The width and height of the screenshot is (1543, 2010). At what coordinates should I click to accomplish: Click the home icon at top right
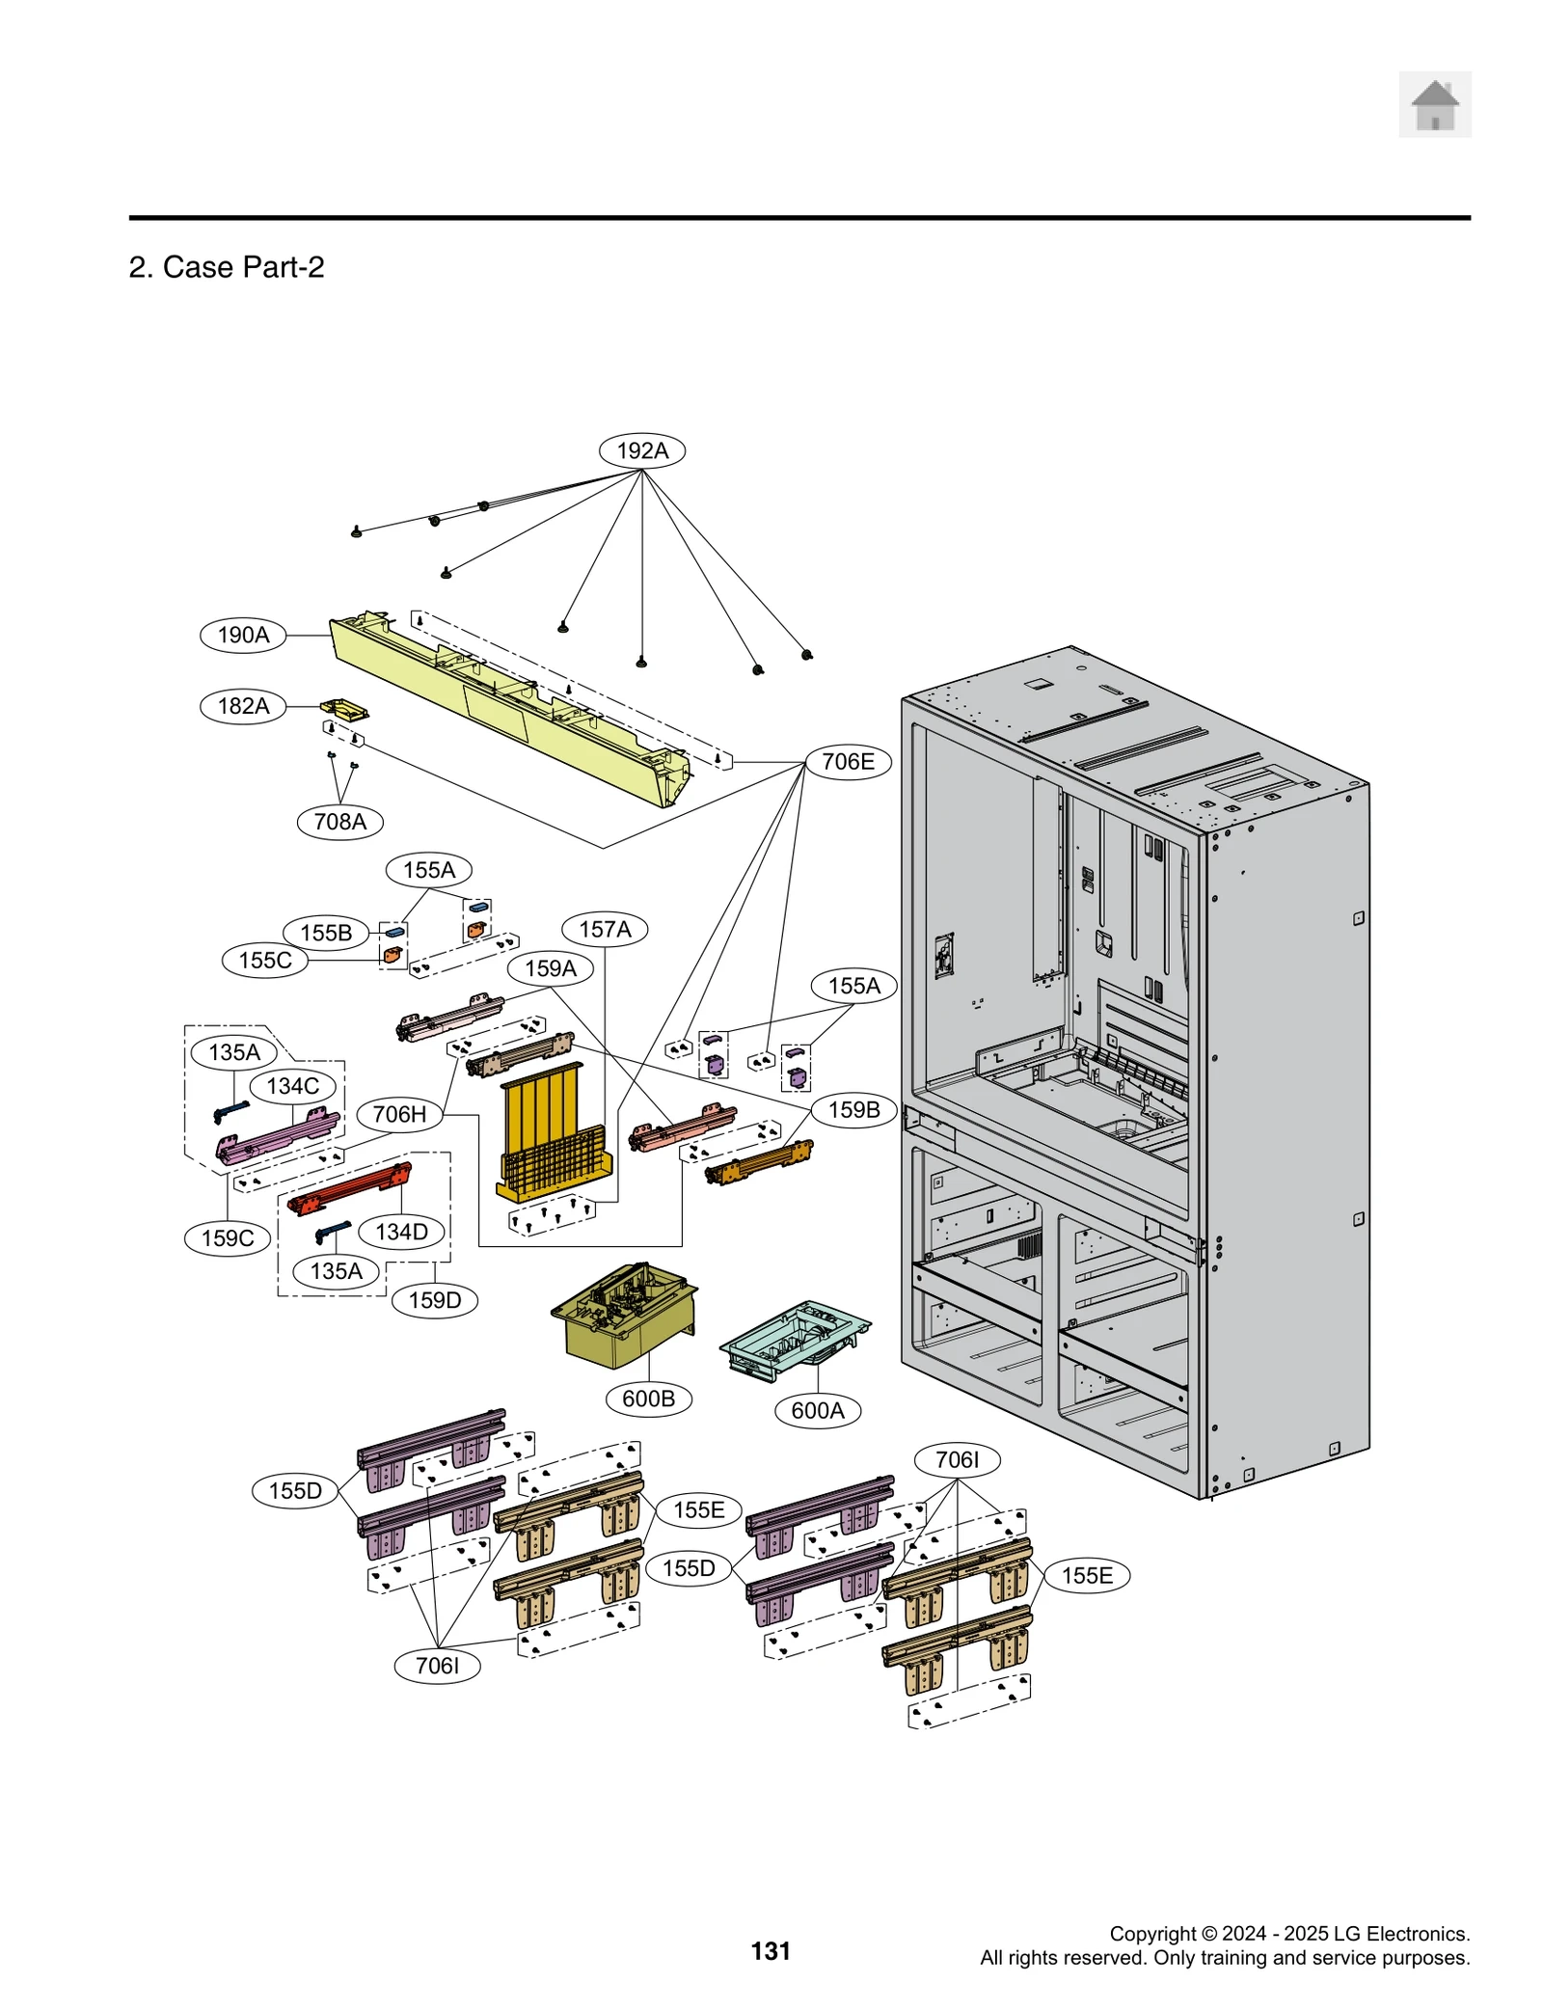tap(1434, 104)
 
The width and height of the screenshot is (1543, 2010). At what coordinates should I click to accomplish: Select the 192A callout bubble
tap(641, 450)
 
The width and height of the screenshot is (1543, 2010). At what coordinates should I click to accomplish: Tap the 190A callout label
tap(243, 635)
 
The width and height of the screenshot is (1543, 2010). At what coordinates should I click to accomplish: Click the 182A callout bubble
tap(243, 706)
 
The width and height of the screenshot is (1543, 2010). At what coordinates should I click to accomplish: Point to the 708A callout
tap(339, 822)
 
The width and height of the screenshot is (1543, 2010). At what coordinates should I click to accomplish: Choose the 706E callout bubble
tap(847, 761)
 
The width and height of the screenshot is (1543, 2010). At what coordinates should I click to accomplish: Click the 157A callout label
tap(605, 929)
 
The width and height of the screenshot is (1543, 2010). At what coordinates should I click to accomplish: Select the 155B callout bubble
tap(325, 933)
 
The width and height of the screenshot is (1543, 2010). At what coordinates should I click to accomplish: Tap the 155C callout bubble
tap(264, 960)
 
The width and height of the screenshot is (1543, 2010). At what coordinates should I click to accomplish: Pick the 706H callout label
tap(399, 1114)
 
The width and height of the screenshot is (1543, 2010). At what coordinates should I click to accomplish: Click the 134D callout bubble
tap(401, 1232)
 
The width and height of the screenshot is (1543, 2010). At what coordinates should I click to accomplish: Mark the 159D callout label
tap(434, 1300)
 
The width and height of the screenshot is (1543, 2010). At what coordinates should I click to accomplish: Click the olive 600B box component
tap(622, 1317)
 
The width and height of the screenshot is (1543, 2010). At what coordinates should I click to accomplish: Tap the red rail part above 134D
tap(350, 1189)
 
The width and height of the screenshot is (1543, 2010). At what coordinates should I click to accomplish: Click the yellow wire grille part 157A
tap(554, 1133)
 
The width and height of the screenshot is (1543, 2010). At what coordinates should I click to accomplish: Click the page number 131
tap(770, 1951)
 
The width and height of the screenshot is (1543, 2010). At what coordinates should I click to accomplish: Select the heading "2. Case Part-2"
tap(227, 267)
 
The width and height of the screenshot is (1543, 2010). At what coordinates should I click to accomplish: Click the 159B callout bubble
tap(853, 1109)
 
